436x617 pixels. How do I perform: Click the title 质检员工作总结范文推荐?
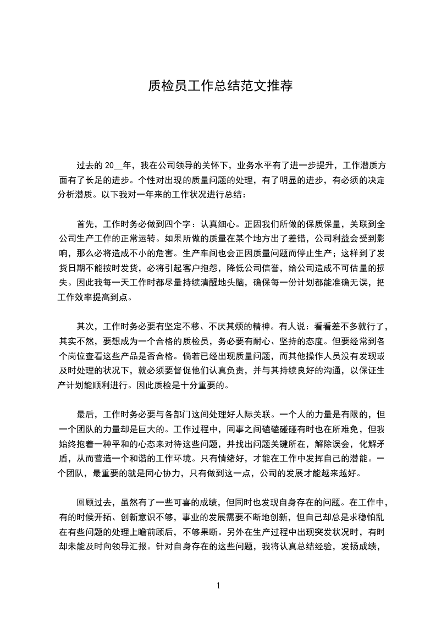point(220,86)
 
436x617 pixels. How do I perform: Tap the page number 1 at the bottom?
point(218,586)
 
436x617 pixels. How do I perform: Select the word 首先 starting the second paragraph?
point(86,224)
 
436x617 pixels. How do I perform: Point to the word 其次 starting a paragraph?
point(86,326)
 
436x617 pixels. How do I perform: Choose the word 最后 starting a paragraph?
point(86,414)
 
